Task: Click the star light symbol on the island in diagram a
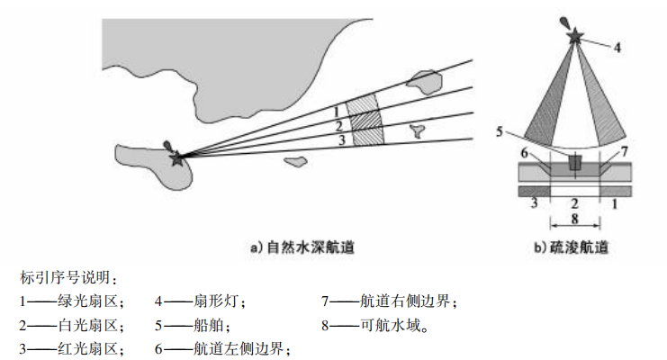176,157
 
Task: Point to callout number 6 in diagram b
524,154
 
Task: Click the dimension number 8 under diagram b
575,219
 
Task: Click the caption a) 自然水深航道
301,245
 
